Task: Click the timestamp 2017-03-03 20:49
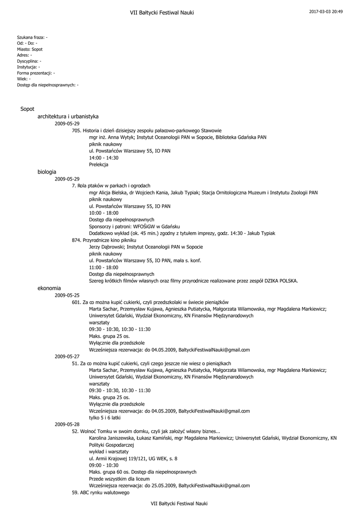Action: point(326,11)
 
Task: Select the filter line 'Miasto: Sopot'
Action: point(29,49)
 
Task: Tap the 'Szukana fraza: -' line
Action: point(32,37)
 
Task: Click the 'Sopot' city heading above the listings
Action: point(27,109)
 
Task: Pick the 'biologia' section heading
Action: point(47,171)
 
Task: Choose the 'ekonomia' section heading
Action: point(49,288)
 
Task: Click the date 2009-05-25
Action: point(67,295)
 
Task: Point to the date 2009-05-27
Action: point(67,356)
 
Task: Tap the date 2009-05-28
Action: point(67,424)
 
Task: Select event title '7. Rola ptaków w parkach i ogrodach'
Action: point(111,185)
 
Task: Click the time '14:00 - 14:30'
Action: point(103,158)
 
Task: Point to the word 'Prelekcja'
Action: point(98,165)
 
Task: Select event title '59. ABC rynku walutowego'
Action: point(100,493)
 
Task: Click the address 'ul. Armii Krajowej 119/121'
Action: point(133,458)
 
